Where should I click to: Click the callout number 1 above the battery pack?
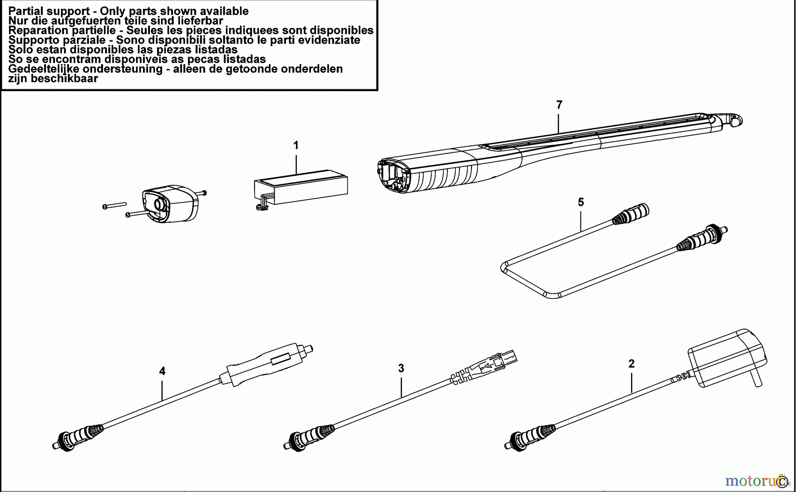(x=296, y=145)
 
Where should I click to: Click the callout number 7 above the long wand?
(x=559, y=105)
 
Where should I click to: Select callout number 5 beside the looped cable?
(x=581, y=202)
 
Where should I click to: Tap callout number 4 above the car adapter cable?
(x=162, y=371)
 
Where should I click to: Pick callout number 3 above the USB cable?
(x=401, y=368)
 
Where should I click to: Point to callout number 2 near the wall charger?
(x=631, y=363)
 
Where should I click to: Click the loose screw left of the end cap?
(x=114, y=205)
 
